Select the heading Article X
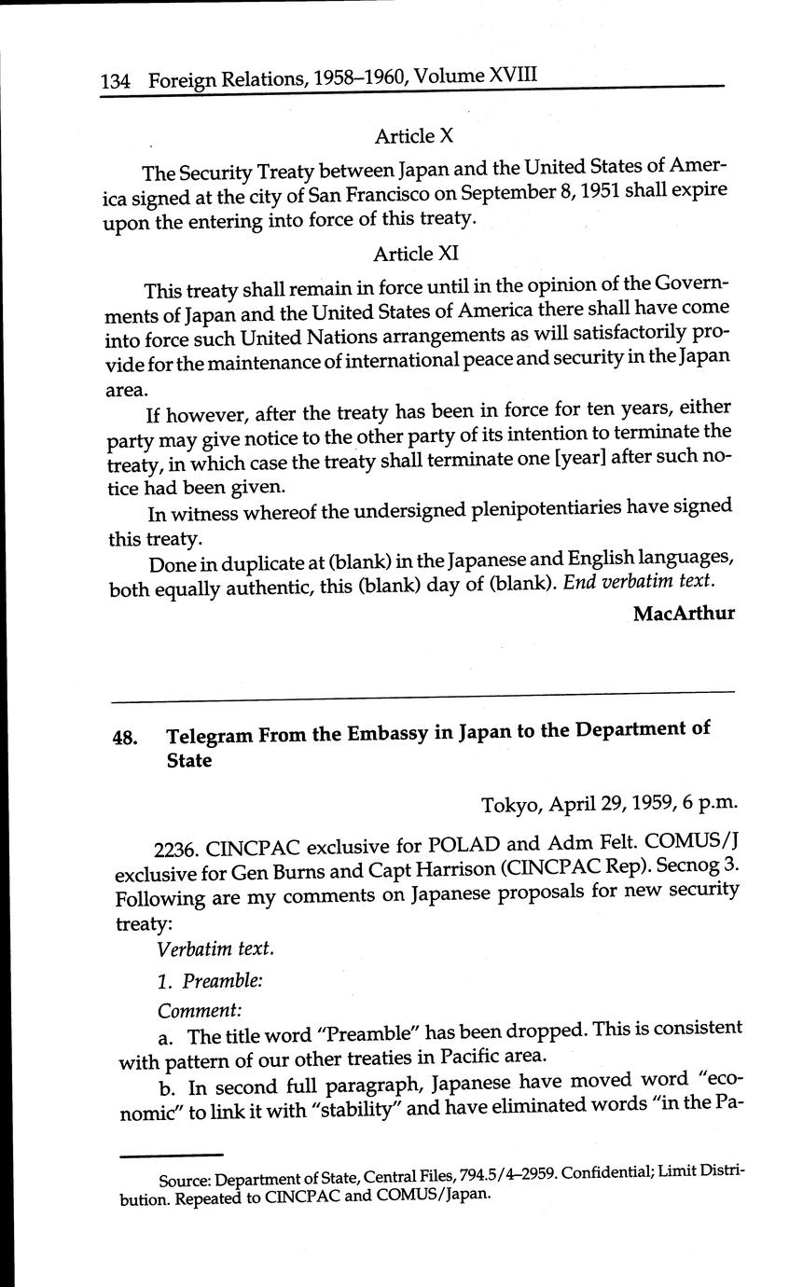click(x=413, y=136)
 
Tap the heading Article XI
click(x=415, y=254)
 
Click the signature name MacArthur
click(x=684, y=614)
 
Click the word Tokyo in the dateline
click(x=510, y=805)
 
